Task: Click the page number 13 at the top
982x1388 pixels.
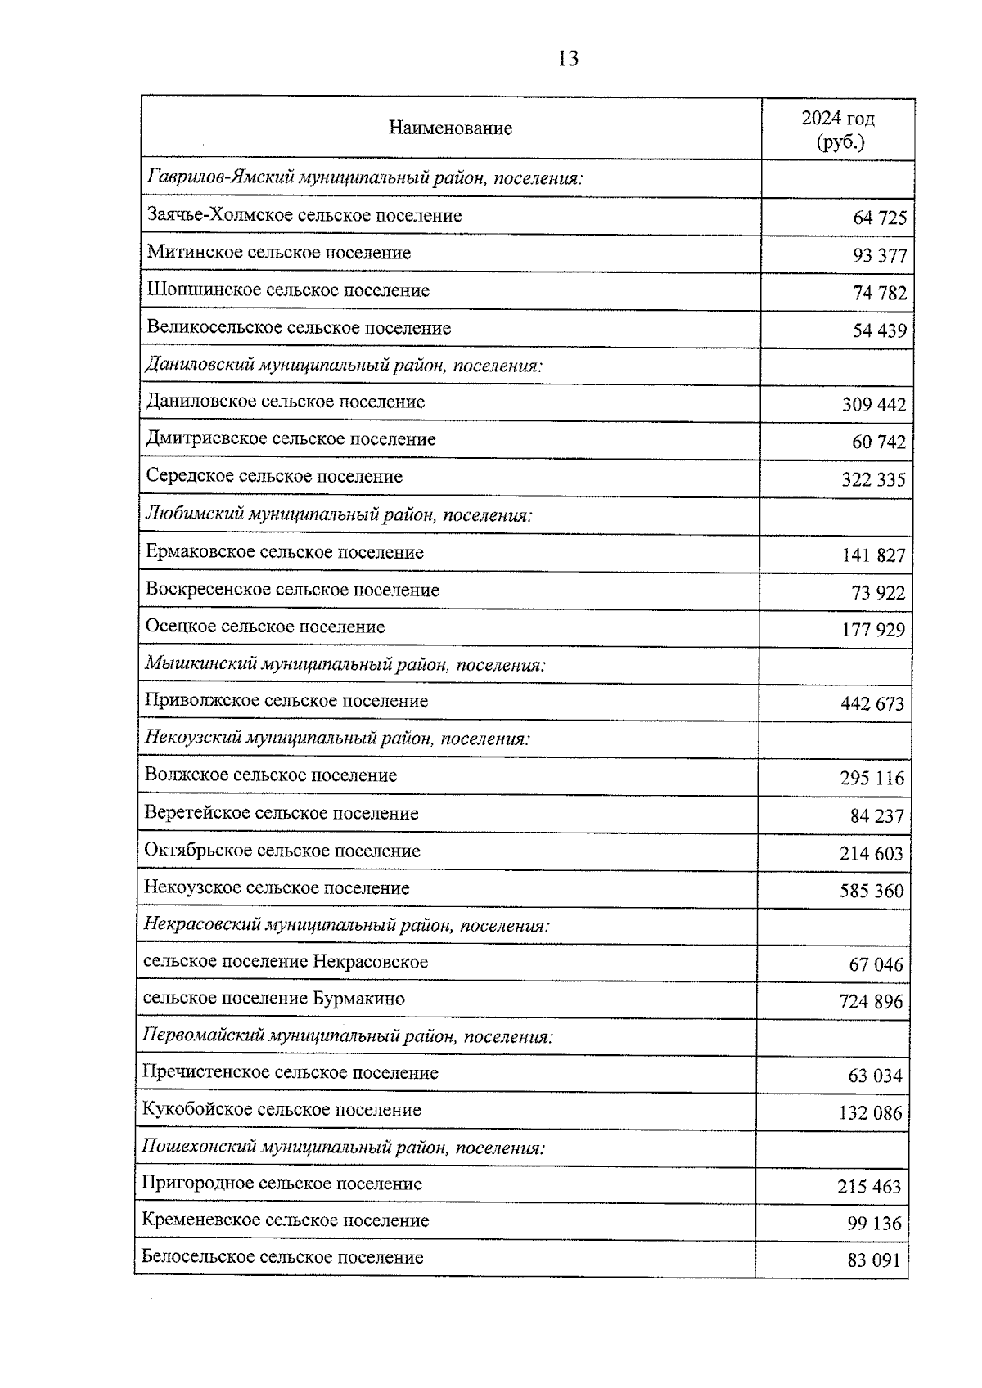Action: tap(567, 59)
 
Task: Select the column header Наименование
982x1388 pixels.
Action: tap(450, 128)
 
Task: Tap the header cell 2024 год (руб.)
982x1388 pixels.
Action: tap(838, 130)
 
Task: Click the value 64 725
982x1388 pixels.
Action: tap(880, 218)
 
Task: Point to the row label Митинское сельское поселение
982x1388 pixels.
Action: tap(279, 253)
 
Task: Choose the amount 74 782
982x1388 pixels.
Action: tap(880, 294)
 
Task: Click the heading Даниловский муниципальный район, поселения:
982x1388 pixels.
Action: tap(344, 365)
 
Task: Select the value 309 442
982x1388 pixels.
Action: tap(874, 405)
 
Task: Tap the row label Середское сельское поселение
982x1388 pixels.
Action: tap(274, 476)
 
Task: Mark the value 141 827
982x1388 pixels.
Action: tap(873, 556)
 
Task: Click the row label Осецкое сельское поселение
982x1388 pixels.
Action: tap(265, 627)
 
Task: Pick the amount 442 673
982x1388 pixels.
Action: tap(872, 704)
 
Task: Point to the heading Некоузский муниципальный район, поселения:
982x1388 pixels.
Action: tap(337, 739)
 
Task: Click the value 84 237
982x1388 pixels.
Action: tap(876, 816)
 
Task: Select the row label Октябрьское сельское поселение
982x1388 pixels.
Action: tap(282, 851)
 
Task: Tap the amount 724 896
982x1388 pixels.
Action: tap(871, 1002)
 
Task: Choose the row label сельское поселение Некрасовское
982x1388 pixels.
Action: tap(286, 962)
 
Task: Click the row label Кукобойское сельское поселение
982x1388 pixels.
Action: tap(282, 1111)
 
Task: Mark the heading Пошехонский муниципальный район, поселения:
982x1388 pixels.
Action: tap(344, 1148)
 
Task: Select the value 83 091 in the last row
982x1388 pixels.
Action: tap(874, 1261)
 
